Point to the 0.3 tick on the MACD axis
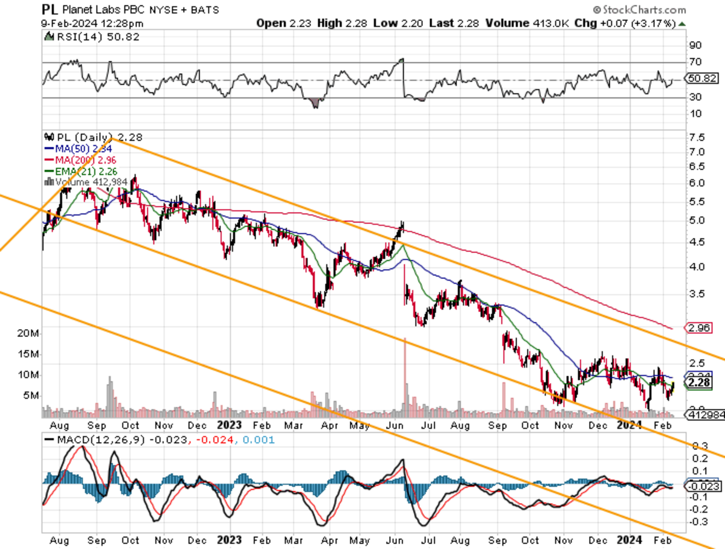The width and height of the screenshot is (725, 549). tap(700, 446)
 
